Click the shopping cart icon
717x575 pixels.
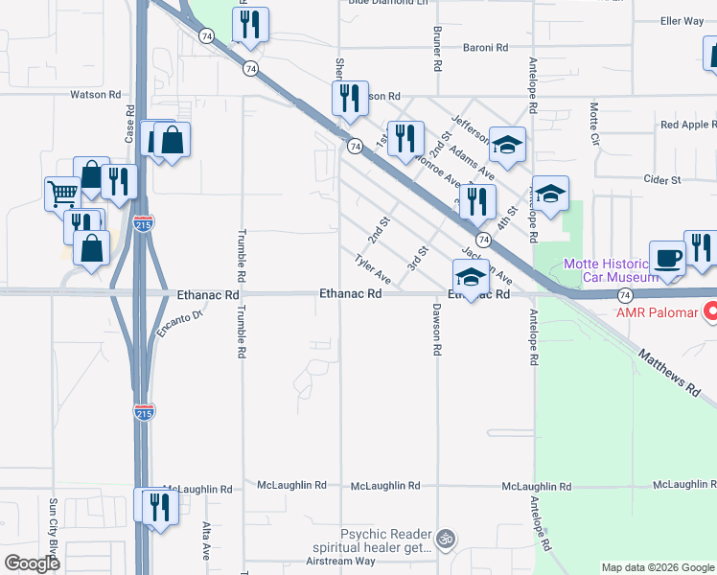coord(62,193)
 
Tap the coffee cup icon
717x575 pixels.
coord(667,257)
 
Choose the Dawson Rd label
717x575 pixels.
coord(436,331)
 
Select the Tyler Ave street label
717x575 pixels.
coord(372,269)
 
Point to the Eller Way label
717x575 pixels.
coord(682,21)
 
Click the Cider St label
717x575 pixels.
coord(661,179)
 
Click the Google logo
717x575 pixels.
coord(32,563)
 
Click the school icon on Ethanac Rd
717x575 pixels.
coord(471,277)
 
